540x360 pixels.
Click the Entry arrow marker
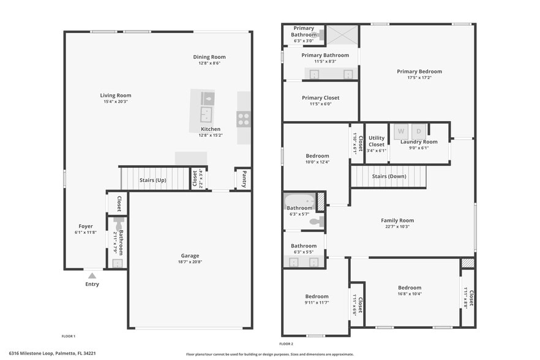[92, 276]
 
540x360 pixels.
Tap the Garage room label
[190, 256]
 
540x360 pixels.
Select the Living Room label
[116, 96]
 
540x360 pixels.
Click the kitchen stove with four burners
[243, 118]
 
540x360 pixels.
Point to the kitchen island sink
[206, 114]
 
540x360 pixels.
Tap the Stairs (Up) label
[152, 181]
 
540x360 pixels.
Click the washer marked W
[402, 131]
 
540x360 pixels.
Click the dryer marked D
[419, 131]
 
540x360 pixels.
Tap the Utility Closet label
[377, 142]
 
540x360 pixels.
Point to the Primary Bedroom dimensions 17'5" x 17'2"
[419, 78]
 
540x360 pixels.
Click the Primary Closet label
[320, 98]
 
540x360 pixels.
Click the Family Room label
[397, 220]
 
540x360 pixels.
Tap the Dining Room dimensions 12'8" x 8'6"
[210, 63]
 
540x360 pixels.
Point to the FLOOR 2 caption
[287, 343]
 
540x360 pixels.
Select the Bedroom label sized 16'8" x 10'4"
[410, 288]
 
